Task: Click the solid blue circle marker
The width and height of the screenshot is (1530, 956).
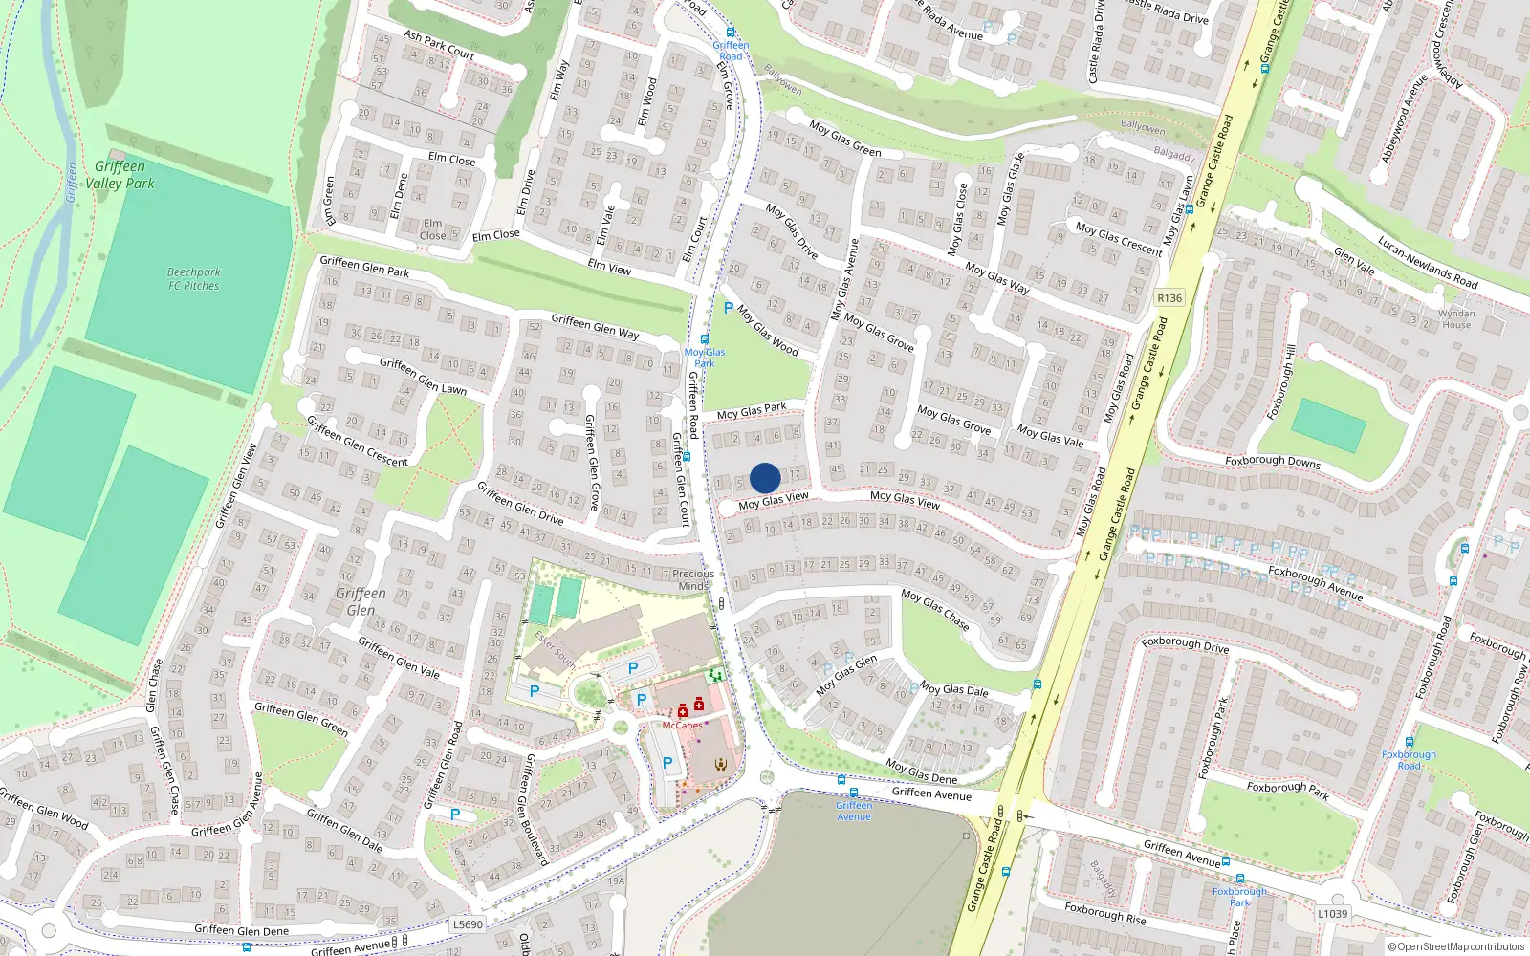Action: (x=765, y=478)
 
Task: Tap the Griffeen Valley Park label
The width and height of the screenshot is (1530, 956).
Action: (x=120, y=175)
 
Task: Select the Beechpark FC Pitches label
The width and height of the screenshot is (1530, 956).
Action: (x=193, y=279)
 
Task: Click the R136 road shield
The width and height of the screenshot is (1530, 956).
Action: (x=1169, y=298)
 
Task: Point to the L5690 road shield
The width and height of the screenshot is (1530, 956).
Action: (x=468, y=924)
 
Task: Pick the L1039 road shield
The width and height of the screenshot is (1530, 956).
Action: (x=1332, y=914)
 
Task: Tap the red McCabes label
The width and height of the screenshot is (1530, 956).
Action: (x=682, y=726)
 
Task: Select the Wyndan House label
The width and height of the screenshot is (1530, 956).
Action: (x=1456, y=319)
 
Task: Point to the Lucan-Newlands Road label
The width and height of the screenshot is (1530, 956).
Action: (x=1428, y=263)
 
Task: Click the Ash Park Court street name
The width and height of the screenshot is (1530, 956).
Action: (x=439, y=45)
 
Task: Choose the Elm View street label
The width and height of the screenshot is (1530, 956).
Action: (x=609, y=267)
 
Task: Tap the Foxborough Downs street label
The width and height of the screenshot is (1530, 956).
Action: (x=1272, y=461)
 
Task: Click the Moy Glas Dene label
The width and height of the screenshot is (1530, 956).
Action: (x=921, y=771)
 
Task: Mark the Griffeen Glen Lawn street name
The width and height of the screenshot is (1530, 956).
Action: (x=423, y=376)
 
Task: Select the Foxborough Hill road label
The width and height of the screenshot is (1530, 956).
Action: (x=1281, y=382)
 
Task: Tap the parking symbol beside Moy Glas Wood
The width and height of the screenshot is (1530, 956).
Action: (x=729, y=308)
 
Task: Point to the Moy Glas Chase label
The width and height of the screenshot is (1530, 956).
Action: (x=935, y=609)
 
